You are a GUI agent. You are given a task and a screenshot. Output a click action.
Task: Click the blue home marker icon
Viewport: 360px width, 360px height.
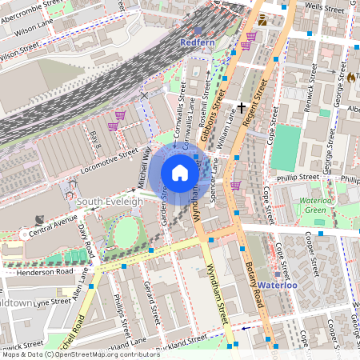(180, 173)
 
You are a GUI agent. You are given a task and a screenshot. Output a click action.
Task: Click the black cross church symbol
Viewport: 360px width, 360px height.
(241, 106)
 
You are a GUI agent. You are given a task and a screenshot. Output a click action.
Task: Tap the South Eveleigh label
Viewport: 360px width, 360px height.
(110, 202)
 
